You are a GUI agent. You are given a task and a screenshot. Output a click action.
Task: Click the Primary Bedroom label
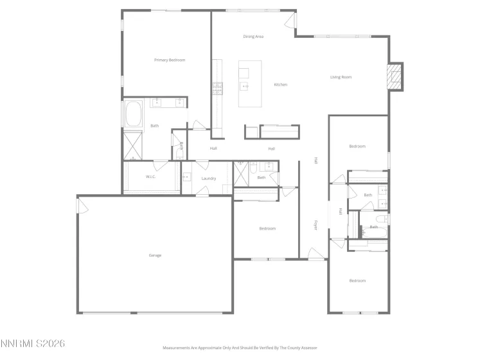170,60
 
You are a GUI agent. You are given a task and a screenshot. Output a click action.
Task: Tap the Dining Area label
253,37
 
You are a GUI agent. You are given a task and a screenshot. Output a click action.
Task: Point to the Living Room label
341,77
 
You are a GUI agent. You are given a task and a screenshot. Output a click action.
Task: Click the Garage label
155,255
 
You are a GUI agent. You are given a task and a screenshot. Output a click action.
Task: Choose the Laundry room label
208,178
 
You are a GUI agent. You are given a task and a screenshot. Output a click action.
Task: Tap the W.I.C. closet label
152,177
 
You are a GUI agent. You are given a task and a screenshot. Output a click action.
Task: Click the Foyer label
316,225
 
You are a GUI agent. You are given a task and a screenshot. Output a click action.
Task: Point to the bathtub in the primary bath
134,114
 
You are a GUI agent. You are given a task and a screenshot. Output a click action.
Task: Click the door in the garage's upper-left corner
82,205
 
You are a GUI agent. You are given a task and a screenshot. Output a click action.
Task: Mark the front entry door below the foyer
316,255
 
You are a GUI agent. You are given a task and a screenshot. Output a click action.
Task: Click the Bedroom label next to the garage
267,228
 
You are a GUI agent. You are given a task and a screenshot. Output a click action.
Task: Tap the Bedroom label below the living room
357,147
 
